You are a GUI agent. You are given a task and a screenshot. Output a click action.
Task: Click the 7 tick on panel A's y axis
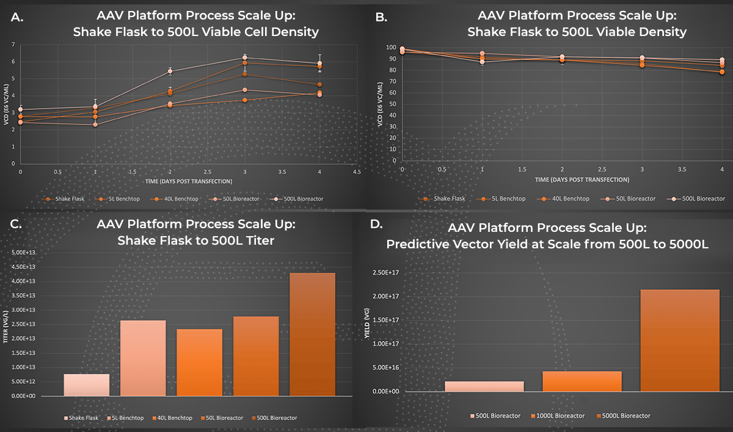coord(13,45)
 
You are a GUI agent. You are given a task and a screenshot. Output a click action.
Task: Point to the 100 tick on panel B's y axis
coord(390,48)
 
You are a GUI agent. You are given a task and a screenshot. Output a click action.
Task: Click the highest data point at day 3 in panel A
coord(244,57)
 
